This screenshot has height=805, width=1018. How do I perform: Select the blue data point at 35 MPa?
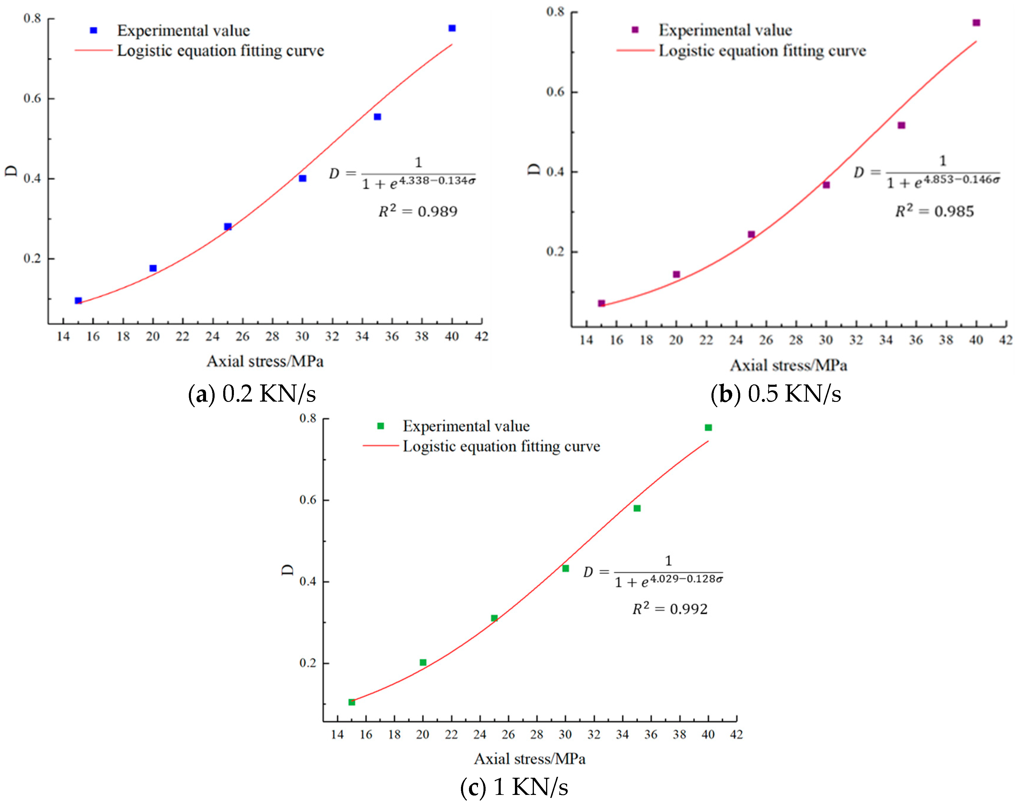click(377, 117)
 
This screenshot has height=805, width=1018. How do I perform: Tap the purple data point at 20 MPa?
click(676, 274)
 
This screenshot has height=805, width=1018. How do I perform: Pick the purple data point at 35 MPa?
click(901, 125)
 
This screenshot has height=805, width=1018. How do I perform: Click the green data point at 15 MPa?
click(352, 702)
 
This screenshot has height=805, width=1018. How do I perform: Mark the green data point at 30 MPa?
click(566, 568)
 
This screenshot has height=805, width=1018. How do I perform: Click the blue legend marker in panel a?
click(93, 31)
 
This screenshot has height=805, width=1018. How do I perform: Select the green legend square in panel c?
click(380, 426)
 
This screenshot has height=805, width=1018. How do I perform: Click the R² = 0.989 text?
click(418, 211)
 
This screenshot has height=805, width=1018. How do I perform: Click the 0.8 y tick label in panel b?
click(555, 12)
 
